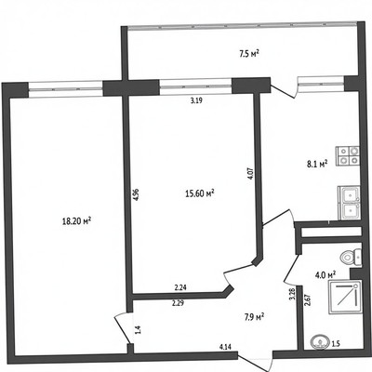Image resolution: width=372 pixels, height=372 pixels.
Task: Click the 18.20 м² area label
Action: [x=76, y=221]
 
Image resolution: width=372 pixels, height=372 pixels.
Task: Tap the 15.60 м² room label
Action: [x=200, y=193]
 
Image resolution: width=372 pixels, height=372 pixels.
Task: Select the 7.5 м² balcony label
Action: [x=249, y=54]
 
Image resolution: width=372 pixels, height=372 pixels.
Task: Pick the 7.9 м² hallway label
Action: [x=254, y=317]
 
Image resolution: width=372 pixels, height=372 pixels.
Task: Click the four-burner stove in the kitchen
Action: [x=349, y=155]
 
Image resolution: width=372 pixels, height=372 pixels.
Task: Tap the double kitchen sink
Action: [x=350, y=203]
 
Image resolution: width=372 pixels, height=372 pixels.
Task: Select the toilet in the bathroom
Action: [x=351, y=257]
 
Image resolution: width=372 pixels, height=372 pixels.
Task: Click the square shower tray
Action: [x=345, y=297]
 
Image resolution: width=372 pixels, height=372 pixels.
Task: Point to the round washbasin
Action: [x=319, y=342]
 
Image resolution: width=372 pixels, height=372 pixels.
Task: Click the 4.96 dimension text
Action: [x=136, y=194]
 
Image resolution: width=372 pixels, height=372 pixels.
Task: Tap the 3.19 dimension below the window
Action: [x=196, y=100]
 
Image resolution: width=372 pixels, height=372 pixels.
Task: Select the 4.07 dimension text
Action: [x=251, y=174]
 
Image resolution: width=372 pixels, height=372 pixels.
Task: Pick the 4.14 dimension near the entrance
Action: [x=225, y=347]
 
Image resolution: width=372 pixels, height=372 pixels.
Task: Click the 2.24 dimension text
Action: [x=180, y=287]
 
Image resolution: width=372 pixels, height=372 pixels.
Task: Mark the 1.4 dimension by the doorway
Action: [x=138, y=329]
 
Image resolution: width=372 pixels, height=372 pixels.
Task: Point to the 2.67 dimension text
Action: [x=307, y=299]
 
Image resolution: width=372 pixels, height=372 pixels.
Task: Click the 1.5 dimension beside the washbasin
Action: [x=336, y=343]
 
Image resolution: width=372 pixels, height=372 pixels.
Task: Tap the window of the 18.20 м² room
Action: [x=65, y=89]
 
